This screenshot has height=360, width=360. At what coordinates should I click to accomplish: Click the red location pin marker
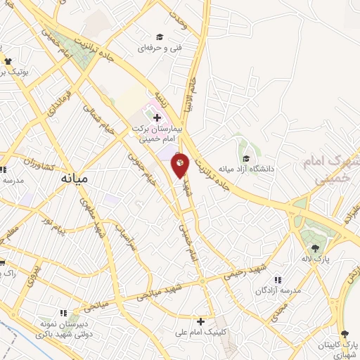[x=181, y=165]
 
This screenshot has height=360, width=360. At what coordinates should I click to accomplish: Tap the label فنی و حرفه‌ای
[x=159, y=49]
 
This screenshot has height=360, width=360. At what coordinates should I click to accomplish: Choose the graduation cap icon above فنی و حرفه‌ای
[x=160, y=37]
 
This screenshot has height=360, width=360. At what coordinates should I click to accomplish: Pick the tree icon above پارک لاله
[x=315, y=247]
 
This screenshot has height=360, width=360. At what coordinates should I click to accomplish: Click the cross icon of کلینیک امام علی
[x=201, y=321]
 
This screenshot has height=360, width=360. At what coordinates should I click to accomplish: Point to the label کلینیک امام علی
[x=201, y=333]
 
